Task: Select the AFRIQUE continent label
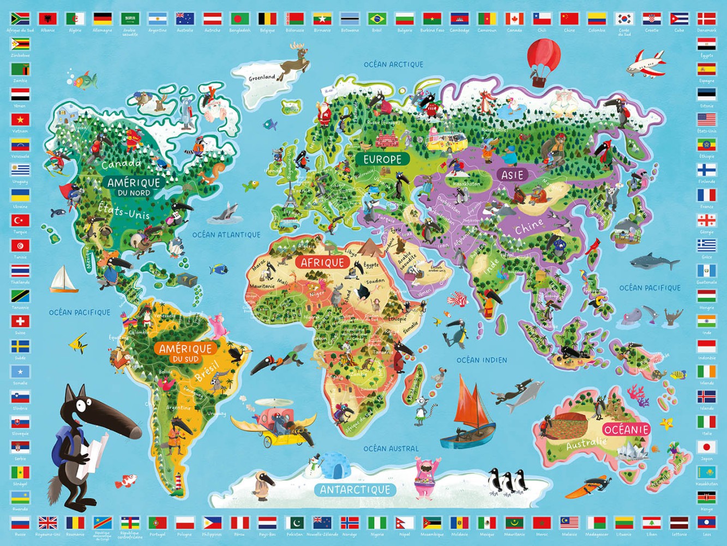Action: (323, 263)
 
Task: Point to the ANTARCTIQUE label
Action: (355, 490)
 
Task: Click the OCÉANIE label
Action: (627, 430)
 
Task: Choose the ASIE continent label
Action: (513, 175)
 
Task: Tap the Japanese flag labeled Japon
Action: (706, 447)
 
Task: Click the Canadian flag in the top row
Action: (514, 19)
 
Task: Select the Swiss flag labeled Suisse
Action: (20, 321)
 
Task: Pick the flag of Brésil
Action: (376, 19)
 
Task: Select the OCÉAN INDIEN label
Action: (482, 360)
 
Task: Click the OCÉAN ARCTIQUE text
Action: (393, 64)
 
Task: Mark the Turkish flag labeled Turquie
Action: (20, 220)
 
